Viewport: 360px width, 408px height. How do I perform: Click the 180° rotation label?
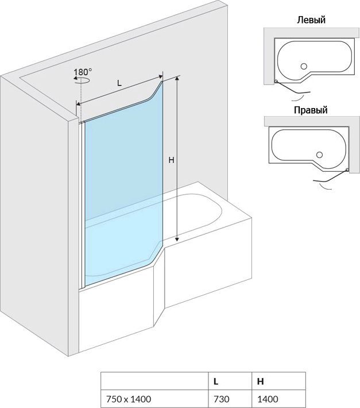click(x=83, y=72)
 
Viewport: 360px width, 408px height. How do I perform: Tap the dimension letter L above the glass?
click(x=119, y=83)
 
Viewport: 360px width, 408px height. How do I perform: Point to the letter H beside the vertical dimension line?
click(x=171, y=161)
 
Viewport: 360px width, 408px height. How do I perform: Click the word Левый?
click(x=311, y=20)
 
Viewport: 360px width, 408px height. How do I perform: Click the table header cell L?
click(x=215, y=381)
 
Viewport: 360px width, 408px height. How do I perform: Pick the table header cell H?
click(x=261, y=381)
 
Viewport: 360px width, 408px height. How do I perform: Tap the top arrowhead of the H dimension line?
click(x=177, y=79)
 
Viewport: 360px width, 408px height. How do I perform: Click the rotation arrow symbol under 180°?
click(x=80, y=82)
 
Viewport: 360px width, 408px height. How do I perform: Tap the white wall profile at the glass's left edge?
click(x=82, y=201)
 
